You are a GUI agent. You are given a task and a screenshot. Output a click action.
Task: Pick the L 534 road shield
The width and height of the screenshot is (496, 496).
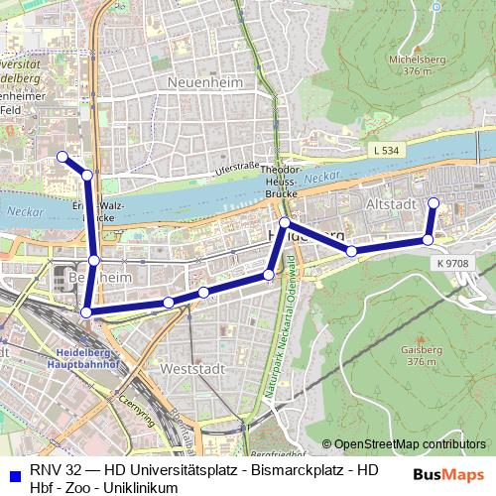(x=390, y=150)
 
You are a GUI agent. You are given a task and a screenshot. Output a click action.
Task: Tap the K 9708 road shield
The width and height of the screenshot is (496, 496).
(x=452, y=263)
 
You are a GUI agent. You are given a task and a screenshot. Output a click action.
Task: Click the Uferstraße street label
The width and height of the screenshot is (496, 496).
(x=236, y=167)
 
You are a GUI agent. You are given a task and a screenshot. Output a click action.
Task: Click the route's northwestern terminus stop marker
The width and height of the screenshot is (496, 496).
(x=62, y=157)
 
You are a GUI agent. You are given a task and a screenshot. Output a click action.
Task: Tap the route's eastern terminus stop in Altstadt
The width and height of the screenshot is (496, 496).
(x=433, y=203)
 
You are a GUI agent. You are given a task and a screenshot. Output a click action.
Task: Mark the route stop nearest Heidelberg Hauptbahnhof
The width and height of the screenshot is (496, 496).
(x=85, y=312)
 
